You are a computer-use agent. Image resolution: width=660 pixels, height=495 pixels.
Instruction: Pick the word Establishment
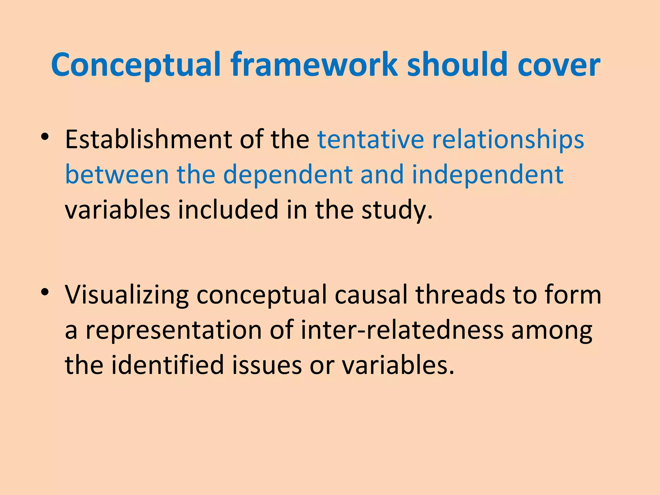149,139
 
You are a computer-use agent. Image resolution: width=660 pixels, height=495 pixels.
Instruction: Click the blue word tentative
370,139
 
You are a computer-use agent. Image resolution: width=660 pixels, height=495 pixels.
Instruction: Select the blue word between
117,174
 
